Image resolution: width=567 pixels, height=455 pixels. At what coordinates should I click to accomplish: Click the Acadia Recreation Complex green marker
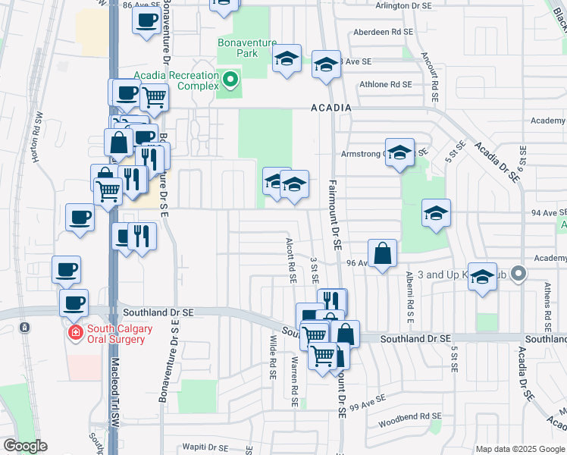tap(230, 77)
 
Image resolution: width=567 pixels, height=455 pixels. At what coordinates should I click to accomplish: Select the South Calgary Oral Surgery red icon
tap(76, 333)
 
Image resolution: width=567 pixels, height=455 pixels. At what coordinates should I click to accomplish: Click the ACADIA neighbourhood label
tap(331, 108)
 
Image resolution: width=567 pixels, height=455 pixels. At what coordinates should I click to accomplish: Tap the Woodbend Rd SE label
tap(410, 416)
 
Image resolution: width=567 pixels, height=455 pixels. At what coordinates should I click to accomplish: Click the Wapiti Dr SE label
tap(206, 447)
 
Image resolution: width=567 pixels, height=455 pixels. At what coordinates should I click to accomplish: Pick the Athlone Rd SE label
tap(387, 84)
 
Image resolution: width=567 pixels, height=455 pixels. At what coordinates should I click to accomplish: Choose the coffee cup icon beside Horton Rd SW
tap(80, 218)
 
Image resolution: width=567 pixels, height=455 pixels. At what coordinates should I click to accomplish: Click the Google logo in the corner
tap(24, 446)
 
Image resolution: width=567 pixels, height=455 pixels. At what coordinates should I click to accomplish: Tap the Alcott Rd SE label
tap(290, 259)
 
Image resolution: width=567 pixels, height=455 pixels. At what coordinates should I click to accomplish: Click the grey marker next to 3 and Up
tap(518, 272)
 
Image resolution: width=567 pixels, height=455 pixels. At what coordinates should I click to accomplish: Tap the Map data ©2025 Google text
tap(519, 449)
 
